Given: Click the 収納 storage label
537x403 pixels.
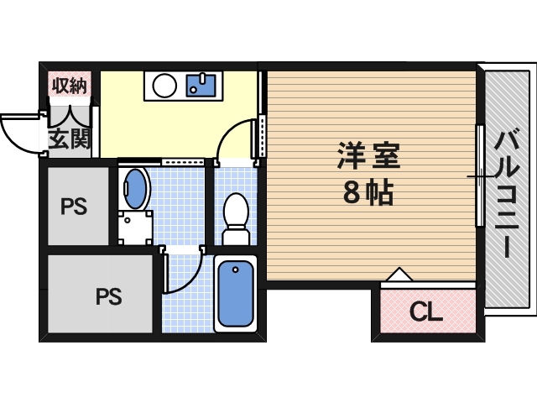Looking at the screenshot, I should [x=70, y=84].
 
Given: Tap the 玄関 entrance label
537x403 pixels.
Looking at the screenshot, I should [x=70, y=139].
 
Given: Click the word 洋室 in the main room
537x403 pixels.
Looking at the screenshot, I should [x=370, y=157].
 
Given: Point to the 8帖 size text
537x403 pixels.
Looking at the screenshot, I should [x=370, y=195].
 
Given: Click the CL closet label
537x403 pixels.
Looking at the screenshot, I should [x=426, y=313].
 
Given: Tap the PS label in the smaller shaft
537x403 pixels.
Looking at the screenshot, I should [x=75, y=206].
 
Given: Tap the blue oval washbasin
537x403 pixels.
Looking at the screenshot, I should [x=134, y=188].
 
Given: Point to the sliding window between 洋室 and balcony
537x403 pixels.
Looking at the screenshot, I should [x=480, y=175].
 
